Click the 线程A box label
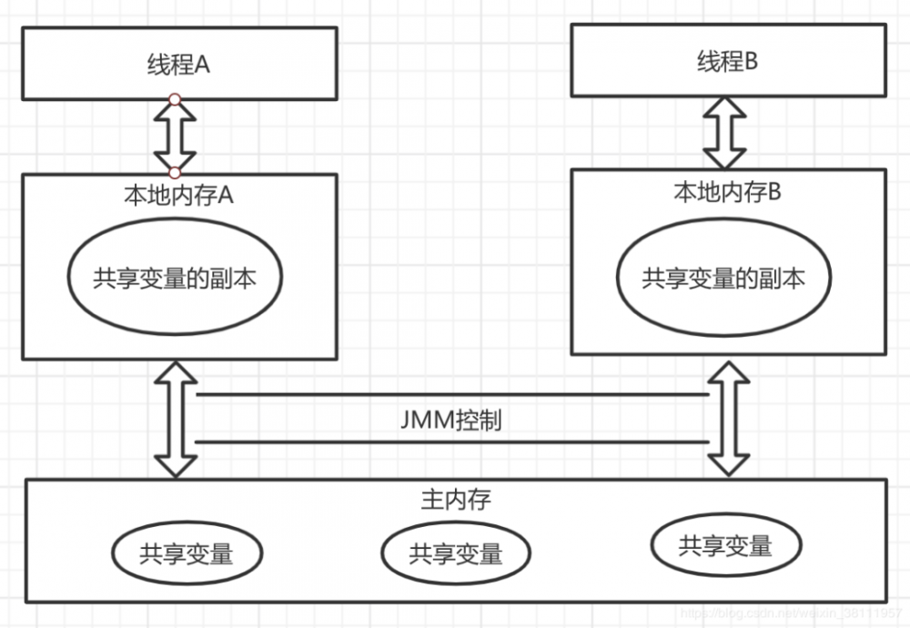(x=178, y=66)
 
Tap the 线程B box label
(x=727, y=62)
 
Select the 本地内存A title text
(x=178, y=197)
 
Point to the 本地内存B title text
(x=727, y=192)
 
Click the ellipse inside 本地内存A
(x=175, y=278)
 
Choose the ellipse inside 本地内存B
(x=723, y=278)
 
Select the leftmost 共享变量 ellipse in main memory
(x=187, y=552)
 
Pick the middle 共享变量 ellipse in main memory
(x=456, y=552)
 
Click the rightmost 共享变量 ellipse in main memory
(x=725, y=545)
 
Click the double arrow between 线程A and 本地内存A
(x=175, y=136)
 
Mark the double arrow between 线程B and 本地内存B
(x=725, y=133)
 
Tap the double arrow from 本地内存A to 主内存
(x=175, y=419)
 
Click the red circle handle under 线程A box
(x=175, y=99)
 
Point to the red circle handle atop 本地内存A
(x=175, y=172)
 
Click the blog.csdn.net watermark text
(x=792, y=615)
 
